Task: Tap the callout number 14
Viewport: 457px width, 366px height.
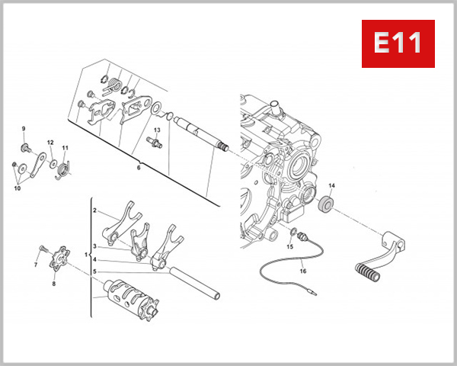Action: click(x=331, y=185)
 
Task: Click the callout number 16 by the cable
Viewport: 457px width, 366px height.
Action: click(x=302, y=270)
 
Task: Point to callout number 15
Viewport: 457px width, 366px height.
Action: click(x=290, y=247)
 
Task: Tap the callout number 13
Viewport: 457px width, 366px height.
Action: click(x=156, y=130)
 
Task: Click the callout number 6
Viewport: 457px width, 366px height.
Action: click(x=139, y=166)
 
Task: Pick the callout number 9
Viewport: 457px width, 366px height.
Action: click(x=24, y=128)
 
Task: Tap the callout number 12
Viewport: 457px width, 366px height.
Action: click(x=50, y=143)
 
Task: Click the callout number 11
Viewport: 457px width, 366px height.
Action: click(x=66, y=148)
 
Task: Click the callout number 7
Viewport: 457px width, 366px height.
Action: click(x=35, y=265)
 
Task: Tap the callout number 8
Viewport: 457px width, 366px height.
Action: click(x=53, y=284)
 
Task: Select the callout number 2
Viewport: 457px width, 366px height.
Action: click(x=94, y=210)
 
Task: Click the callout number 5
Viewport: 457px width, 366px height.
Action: click(x=94, y=271)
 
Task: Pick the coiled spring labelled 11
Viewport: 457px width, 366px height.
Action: click(x=66, y=169)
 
